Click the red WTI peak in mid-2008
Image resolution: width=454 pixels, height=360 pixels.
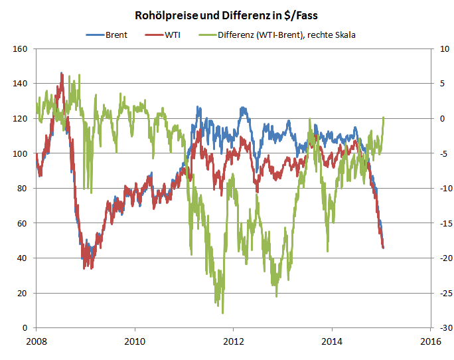point(62,74)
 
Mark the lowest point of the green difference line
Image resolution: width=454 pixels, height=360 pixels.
point(222,313)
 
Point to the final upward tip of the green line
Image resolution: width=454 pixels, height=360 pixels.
point(384,118)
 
